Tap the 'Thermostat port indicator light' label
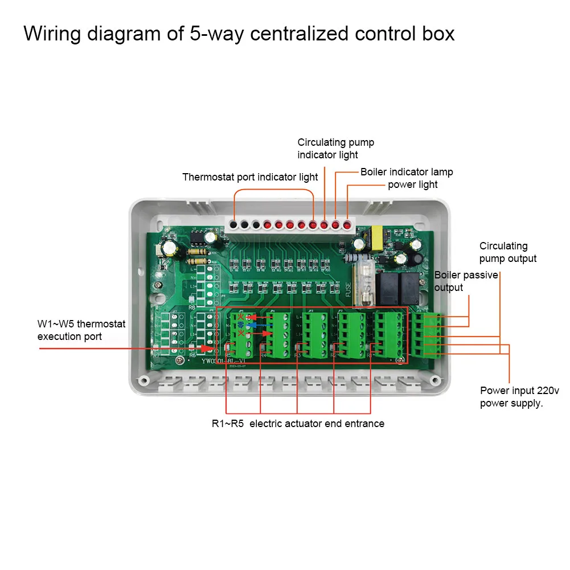[250, 177]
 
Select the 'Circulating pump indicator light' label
[335, 149]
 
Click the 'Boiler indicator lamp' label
[407, 172]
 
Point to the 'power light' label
[413, 184]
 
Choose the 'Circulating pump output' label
[507, 252]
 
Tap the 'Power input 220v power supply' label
[511, 397]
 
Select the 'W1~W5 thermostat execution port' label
[81, 330]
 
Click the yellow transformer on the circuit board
[375, 234]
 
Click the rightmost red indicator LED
[346, 225]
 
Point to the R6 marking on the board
[193, 354]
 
